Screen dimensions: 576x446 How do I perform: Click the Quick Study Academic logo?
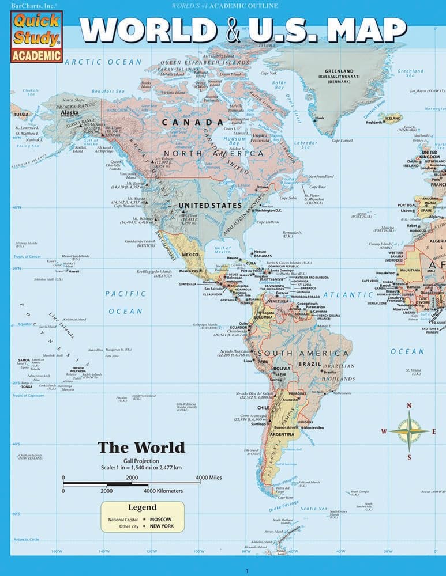point(36,35)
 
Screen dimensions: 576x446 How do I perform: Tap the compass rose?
point(409,431)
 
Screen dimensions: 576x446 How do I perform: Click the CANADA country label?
point(192,122)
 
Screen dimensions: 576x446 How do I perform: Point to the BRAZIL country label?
point(309,365)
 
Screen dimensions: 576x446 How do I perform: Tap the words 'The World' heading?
point(141,447)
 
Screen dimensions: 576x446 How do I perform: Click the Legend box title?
point(142,507)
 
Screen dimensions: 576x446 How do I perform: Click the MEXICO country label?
point(190,255)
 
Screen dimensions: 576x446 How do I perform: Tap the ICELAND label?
point(393,119)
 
